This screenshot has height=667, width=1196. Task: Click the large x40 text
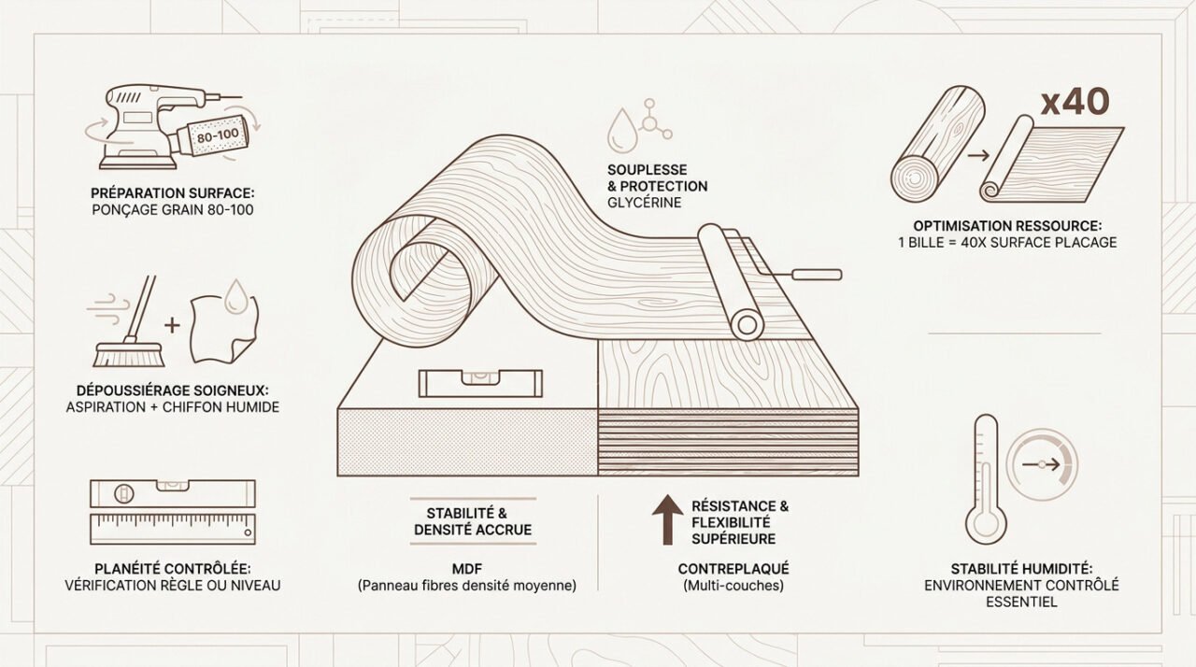[x=1075, y=103]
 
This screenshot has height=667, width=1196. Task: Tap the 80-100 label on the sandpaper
[x=218, y=136]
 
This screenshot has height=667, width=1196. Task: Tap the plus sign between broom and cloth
[x=172, y=325]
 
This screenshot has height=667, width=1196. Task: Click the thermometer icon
[x=986, y=479]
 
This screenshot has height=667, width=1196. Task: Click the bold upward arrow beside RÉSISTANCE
[x=667, y=519]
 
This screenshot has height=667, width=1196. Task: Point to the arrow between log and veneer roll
[x=978, y=156]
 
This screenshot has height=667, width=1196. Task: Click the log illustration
[x=937, y=144]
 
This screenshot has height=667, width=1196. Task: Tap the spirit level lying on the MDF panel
[x=480, y=383]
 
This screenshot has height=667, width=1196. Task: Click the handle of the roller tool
[x=817, y=275]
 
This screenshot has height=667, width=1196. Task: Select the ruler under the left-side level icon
[x=173, y=529]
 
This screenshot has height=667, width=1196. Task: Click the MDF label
[x=466, y=569]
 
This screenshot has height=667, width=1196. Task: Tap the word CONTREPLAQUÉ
[x=733, y=569]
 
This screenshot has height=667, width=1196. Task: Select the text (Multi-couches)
[x=733, y=586]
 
